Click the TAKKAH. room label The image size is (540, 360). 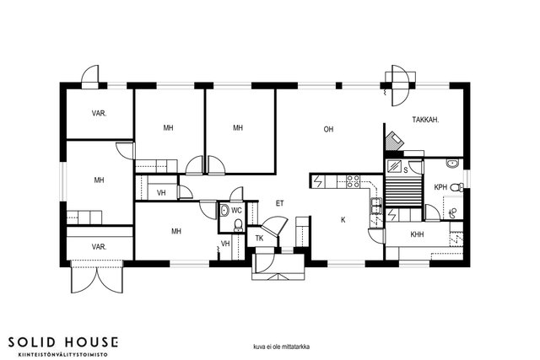pos(425,120)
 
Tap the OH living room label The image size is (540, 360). pos(328,129)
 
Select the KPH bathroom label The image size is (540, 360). pos(440,187)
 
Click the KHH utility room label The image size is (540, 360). pos(417,234)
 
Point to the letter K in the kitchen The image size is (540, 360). pos(343,220)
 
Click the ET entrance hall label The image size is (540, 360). pos(279,203)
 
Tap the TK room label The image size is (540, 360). pos(259,238)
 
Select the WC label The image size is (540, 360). pos(236,211)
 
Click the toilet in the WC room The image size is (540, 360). pos(238,225)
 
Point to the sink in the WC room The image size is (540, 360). pos(224,210)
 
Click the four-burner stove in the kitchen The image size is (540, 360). pos(353,181)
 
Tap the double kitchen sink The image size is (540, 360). pos(375,206)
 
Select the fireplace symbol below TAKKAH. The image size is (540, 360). pos(394,141)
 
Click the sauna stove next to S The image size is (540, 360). pos(394,167)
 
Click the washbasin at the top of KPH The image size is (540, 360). pos(453,163)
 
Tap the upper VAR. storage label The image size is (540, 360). pos(100,113)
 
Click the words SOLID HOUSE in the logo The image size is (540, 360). pos(63,342)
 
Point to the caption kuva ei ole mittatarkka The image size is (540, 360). pos(281,347)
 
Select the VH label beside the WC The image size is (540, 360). pos(225,244)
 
